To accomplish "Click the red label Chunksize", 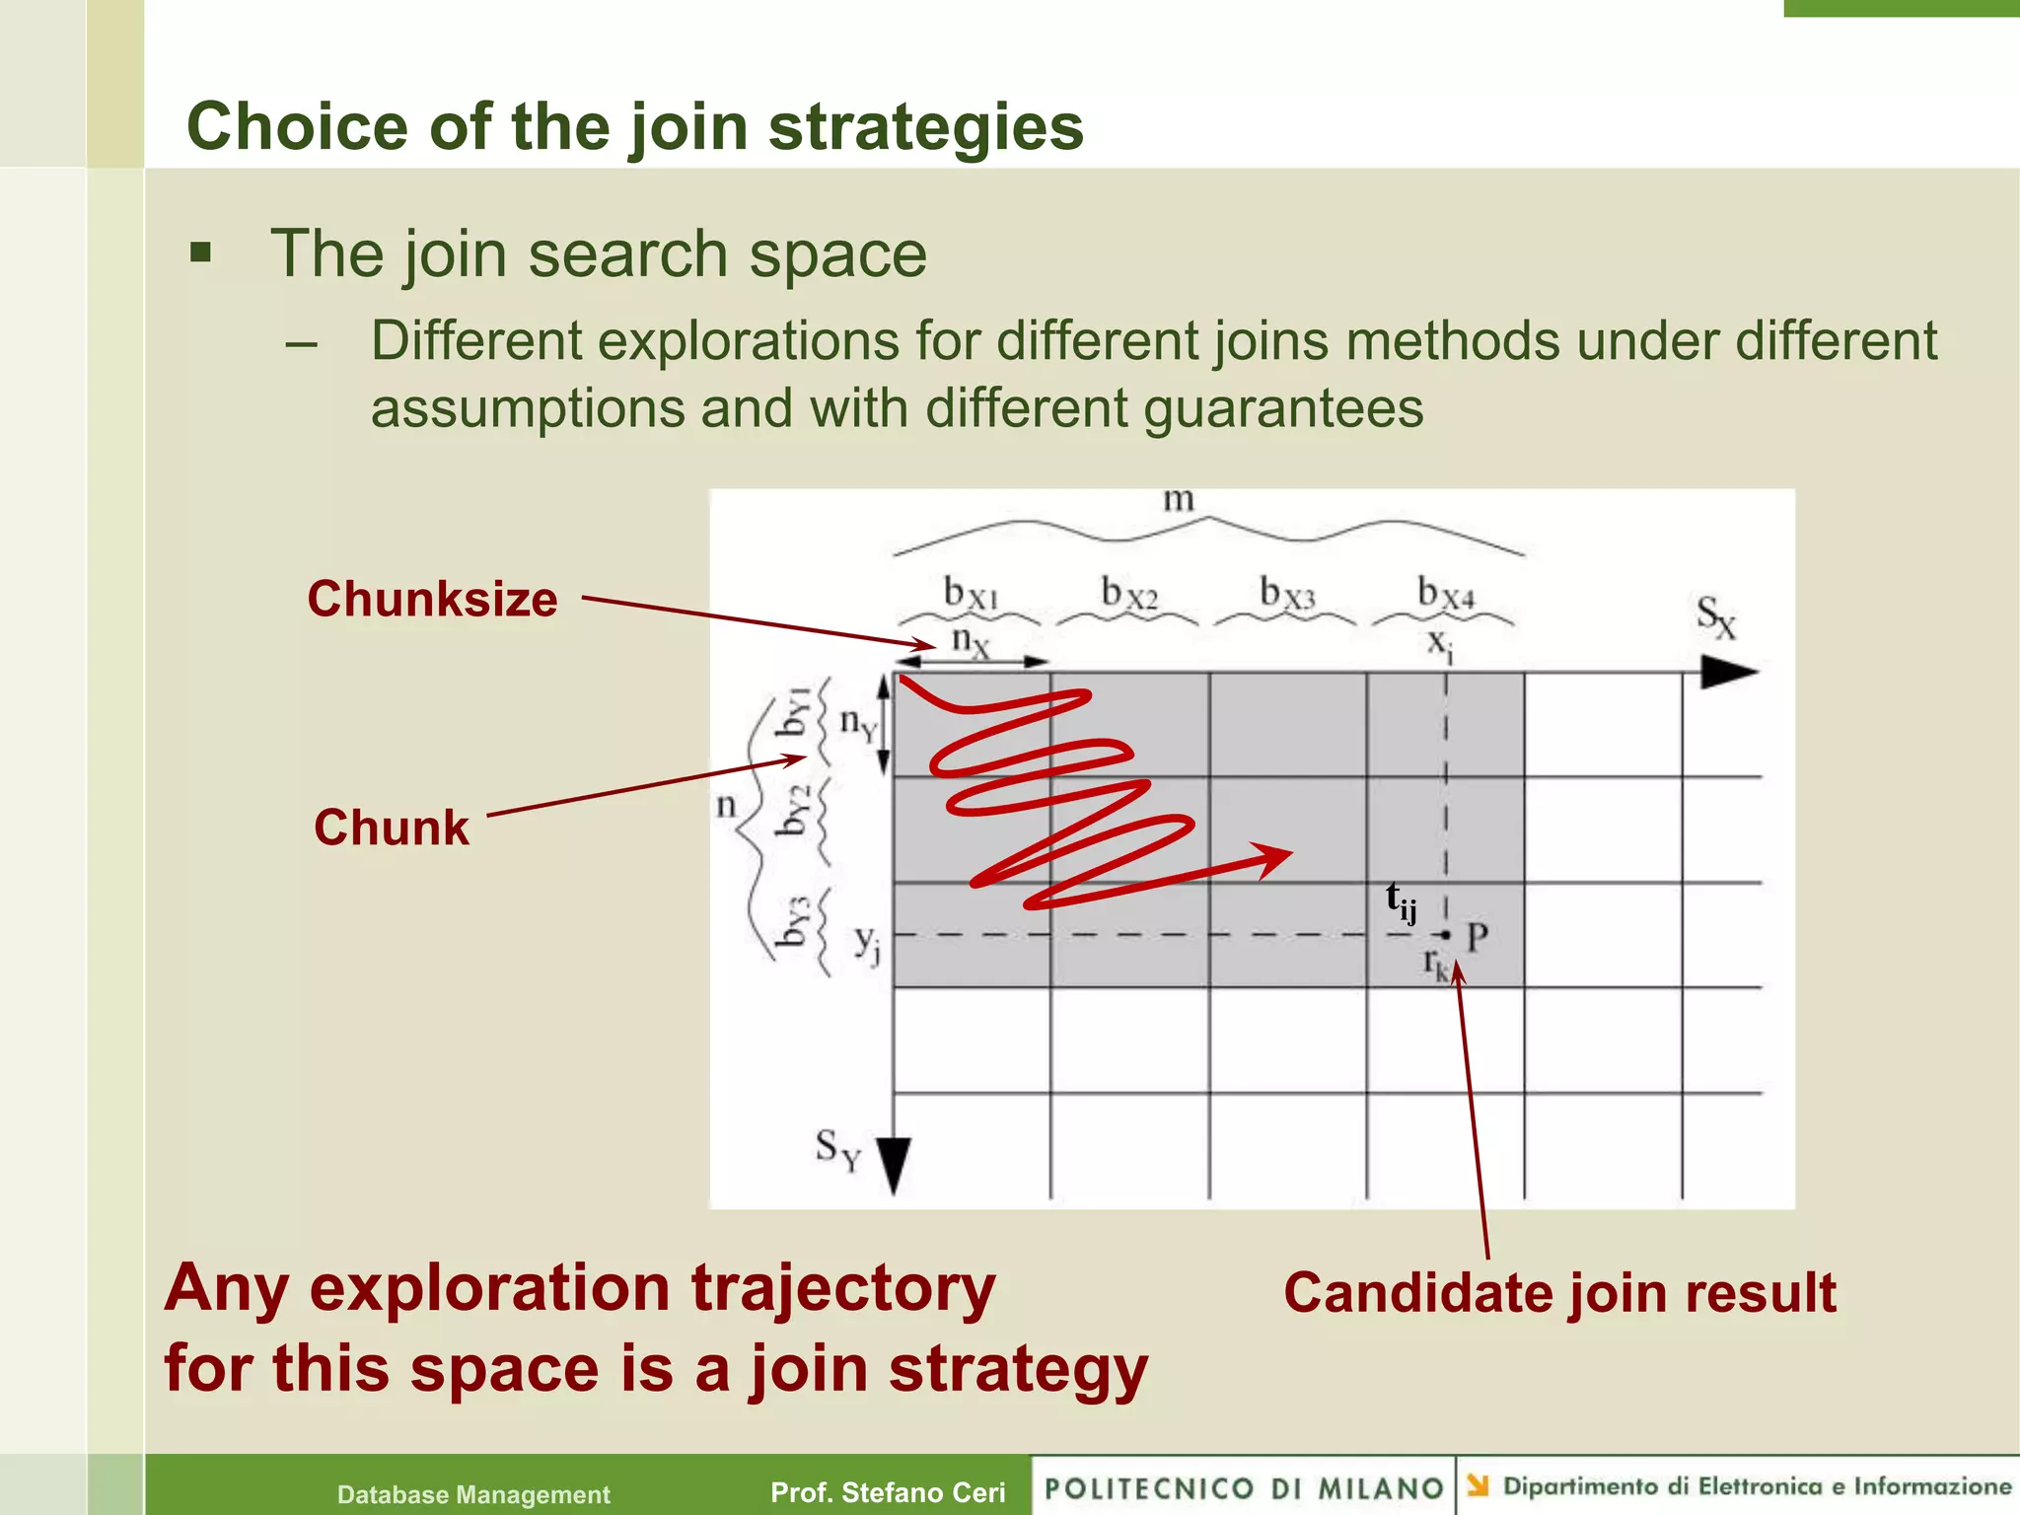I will [x=432, y=600].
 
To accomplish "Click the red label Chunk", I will [x=392, y=828].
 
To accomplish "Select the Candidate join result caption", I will [x=1559, y=1293].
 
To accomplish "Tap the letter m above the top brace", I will [x=1178, y=500].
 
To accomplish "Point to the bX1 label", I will [x=971, y=594].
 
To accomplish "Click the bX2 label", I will [x=1128, y=594].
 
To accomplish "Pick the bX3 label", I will [x=1287, y=594].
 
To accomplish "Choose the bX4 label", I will [x=1445, y=594].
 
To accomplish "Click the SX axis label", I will [x=1715, y=617].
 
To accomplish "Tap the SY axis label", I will [x=837, y=1150].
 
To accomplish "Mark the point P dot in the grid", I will [x=1446, y=934].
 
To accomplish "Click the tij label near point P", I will [x=1401, y=902].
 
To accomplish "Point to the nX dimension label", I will [x=970, y=642].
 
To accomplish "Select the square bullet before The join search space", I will [x=201, y=253].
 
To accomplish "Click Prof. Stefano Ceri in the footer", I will [x=888, y=1492].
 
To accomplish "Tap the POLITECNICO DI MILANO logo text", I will [x=1244, y=1488].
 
